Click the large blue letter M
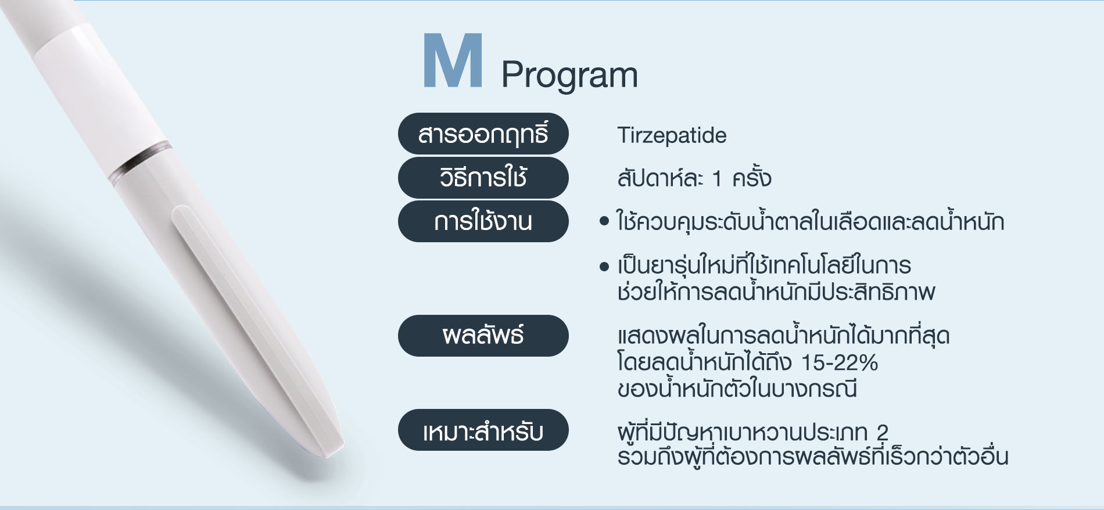click(453, 60)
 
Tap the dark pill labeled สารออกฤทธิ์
click(483, 134)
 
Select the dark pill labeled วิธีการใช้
click(483, 177)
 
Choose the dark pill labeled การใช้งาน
click(483, 221)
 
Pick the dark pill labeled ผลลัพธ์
click(483, 336)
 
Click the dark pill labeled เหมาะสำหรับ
click(483, 430)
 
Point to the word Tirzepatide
click(672, 135)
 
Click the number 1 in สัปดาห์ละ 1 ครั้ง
click(717, 179)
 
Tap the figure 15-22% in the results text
click(839, 362)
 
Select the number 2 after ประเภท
click(882, 432)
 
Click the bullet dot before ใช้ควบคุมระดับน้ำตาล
click(604, 221)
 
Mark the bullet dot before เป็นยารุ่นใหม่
click(604, 267)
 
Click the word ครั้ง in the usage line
click(752, 177)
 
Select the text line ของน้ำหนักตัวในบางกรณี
click(737, 389)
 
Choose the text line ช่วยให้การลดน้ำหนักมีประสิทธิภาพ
click(776, 292)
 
